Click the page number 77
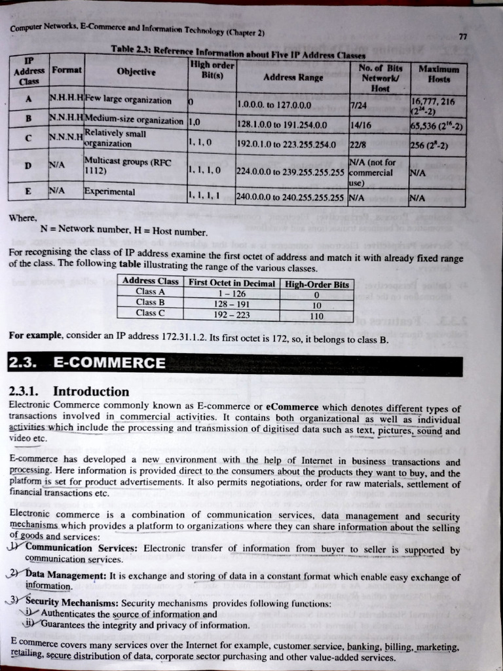coord(462,37)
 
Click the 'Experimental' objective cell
coord(109,193)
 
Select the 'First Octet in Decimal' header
coord(231,282)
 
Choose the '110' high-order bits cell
coord(317,315)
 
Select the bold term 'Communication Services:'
coord(81,548)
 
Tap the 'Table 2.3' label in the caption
coord(133,49)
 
